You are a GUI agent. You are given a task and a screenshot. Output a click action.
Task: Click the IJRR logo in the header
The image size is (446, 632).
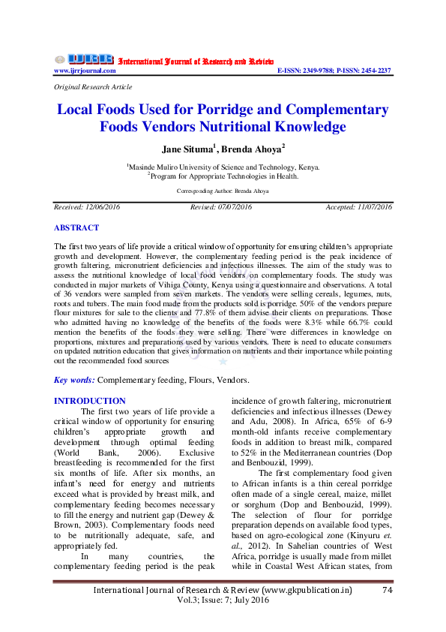[x=84, y=59]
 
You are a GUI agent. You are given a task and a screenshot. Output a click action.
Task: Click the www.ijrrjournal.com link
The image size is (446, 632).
[x=85, y=71]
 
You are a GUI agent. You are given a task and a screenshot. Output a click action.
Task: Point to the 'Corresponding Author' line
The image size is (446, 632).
[x=223, y=191]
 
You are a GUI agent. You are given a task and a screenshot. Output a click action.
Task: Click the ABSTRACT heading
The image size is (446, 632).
[x=76, y=227]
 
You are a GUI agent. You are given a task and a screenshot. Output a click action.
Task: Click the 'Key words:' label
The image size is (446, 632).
[x=75, y=381]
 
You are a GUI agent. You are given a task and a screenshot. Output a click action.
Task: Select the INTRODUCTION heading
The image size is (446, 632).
[x=90, y=402]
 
